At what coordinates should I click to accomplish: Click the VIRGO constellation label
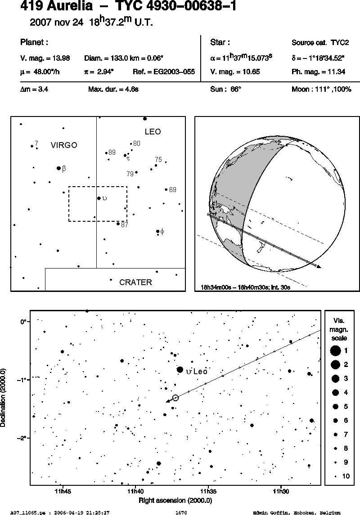coord(64,145)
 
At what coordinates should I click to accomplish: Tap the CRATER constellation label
coord(135,282)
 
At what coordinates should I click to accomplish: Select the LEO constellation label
coord(153,132)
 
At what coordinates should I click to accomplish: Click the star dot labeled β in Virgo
coord(59,168)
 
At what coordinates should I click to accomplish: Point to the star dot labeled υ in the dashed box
coord(99,198)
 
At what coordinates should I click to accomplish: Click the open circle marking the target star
coord(175,398)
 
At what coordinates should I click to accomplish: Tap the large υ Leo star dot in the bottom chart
coord(180,370)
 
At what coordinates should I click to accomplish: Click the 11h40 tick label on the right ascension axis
coord(135,492)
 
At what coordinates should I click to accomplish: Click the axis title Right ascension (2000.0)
coord(175,501)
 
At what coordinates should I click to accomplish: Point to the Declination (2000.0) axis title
coord(3,398)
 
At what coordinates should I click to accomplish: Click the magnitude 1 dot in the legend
coord(335,351)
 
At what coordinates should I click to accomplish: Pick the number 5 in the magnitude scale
coord(346,407)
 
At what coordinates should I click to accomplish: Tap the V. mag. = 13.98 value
coord(45,58)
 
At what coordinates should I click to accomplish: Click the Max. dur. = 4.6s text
coord(113,90)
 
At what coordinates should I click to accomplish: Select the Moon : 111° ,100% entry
coord(322,90)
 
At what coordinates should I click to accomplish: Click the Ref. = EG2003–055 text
coord(164,72)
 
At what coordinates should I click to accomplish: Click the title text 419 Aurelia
coord(57,6)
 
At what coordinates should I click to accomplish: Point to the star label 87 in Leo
coord(125,225)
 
